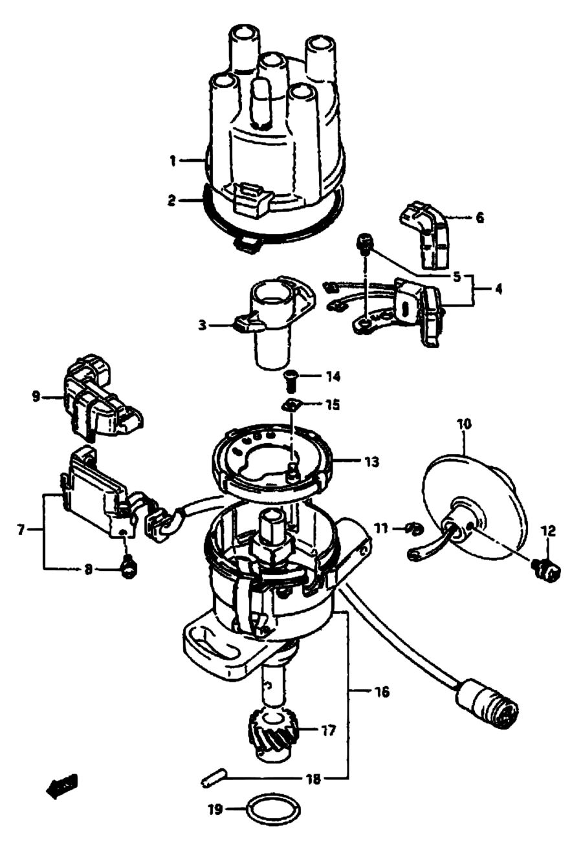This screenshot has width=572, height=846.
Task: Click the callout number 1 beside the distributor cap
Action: pos(173,162)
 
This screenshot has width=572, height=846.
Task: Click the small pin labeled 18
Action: pos(213,780)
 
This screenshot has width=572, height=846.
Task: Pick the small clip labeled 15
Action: pos(292,406)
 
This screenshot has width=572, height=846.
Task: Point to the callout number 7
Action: pos(21,530)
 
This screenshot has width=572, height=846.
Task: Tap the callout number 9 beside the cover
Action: pos(36,397)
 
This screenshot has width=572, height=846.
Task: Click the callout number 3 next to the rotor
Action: pos(203,325)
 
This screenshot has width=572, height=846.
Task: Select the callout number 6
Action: pos(479,218)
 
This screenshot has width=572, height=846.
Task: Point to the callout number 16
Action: pos(382,692)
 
